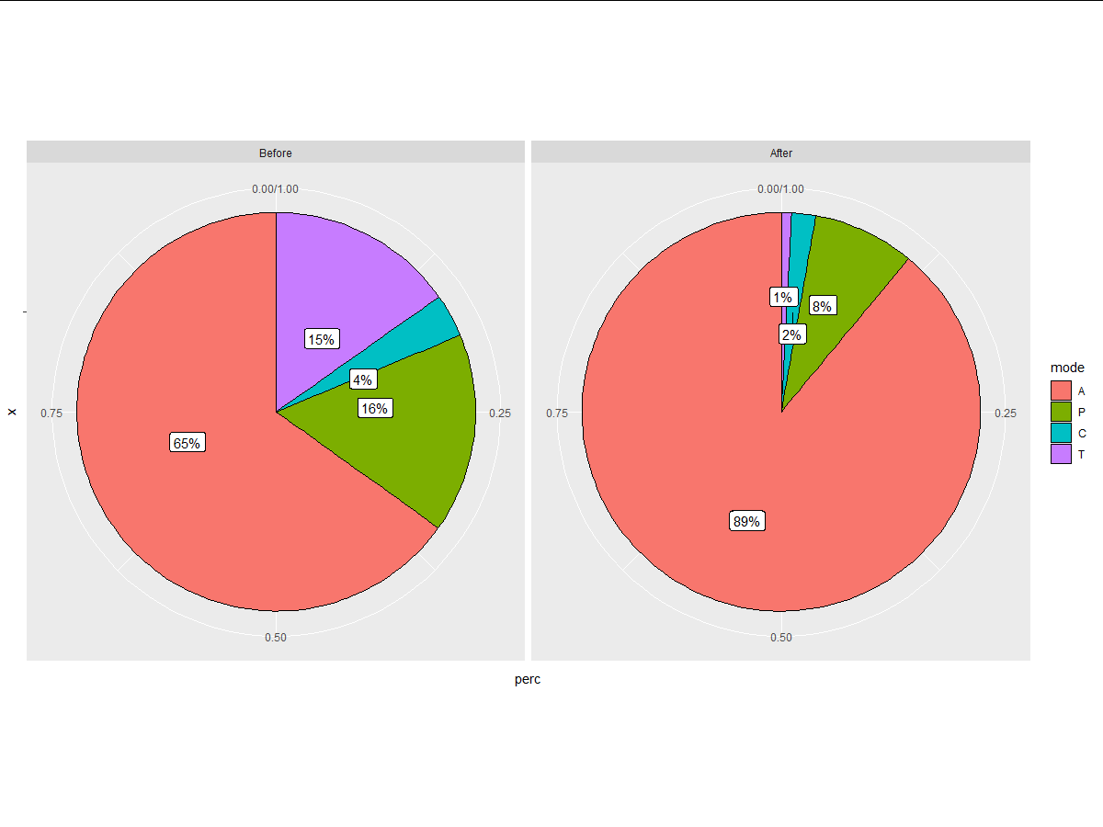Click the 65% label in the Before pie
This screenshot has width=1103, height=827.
188,443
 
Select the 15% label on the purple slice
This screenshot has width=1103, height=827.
322,339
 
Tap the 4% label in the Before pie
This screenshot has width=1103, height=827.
363,380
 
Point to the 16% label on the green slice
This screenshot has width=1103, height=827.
375,409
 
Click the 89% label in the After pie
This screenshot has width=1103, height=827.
746,521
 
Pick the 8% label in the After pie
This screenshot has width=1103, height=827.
822,307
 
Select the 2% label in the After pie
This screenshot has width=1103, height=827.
791,334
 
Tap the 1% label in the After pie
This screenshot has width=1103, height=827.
783,297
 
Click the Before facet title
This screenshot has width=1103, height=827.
276,153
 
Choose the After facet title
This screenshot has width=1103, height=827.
780,153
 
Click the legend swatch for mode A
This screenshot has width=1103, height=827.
1062,391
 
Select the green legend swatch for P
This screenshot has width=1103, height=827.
1062,412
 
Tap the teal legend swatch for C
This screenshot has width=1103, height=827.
1062,433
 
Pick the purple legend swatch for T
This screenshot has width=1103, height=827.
1062,454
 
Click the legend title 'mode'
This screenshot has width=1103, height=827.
1068,368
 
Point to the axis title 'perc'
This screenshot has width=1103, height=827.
528,679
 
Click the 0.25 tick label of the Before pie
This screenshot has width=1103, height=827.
499,413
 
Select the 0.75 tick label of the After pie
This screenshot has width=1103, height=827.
557,413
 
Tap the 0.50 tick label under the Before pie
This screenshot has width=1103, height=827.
276,638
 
